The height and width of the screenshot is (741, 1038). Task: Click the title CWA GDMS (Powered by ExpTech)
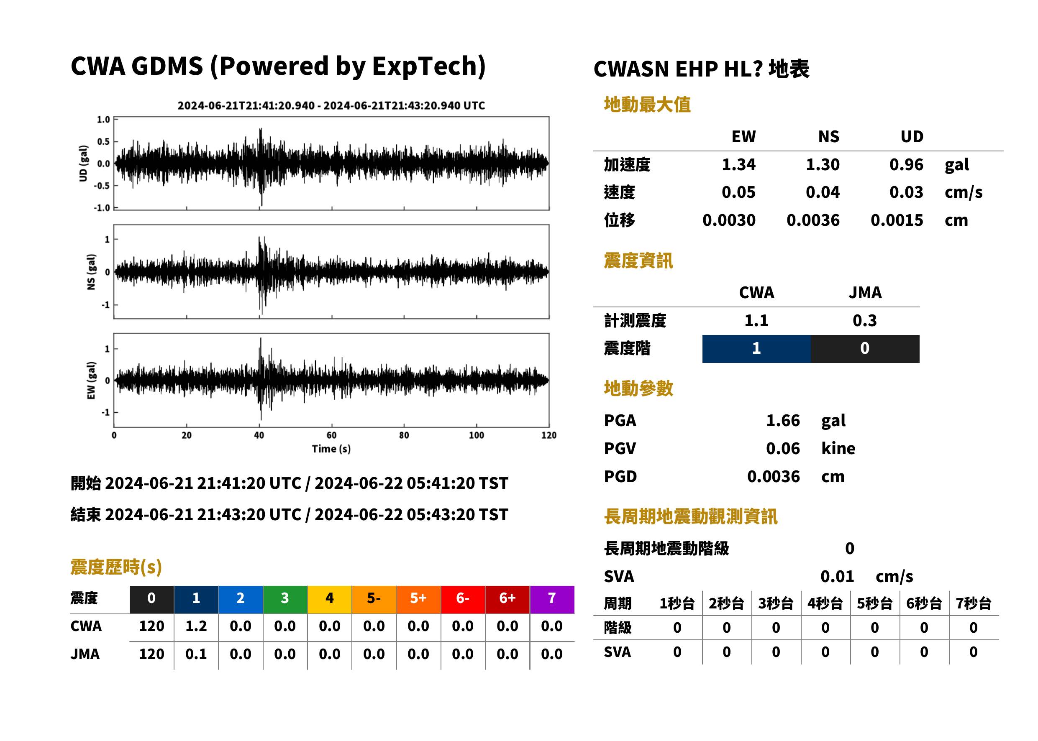[x=278, y=66]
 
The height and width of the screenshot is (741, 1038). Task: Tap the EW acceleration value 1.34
[x=738, y=164]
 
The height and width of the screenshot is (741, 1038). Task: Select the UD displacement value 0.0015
[x=897, y=220]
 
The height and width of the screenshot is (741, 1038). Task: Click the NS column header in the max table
[x=828, y=136]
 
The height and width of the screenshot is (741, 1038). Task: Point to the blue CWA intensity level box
[x=756, y=349]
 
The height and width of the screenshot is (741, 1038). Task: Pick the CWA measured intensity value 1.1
[x=756, y=320]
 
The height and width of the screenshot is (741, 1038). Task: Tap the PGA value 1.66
[x=783, y=420]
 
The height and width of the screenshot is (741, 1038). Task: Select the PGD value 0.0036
[x=773, y=476]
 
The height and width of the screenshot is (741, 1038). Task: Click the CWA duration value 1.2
[x=196, y=626]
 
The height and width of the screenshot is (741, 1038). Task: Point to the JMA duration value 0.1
[x=196, y=654]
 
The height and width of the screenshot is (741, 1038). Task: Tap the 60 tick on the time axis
[x=331, y=435]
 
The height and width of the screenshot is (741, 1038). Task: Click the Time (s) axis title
[x=331, y=449]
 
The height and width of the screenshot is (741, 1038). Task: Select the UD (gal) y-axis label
[x=83, y=164]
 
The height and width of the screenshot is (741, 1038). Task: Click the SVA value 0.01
[x=837, y=576]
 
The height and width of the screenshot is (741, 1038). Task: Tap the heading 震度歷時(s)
[x=116, y=567]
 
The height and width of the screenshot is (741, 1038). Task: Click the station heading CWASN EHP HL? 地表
[x=701, y=69]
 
